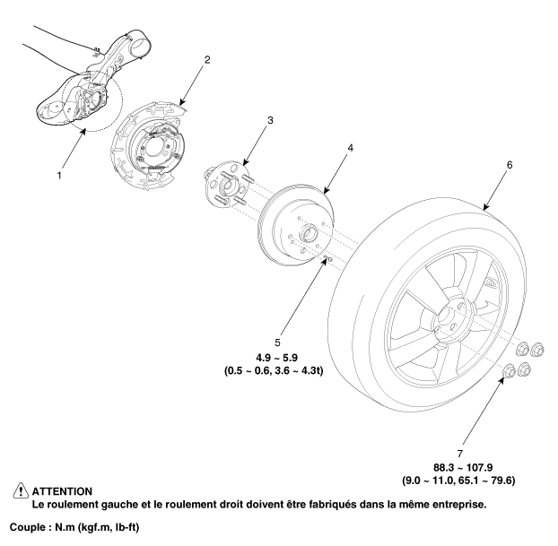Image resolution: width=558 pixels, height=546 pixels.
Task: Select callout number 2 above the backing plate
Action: [x=207, y=60]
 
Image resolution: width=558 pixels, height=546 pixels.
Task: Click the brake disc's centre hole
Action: [x=310, y=235]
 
